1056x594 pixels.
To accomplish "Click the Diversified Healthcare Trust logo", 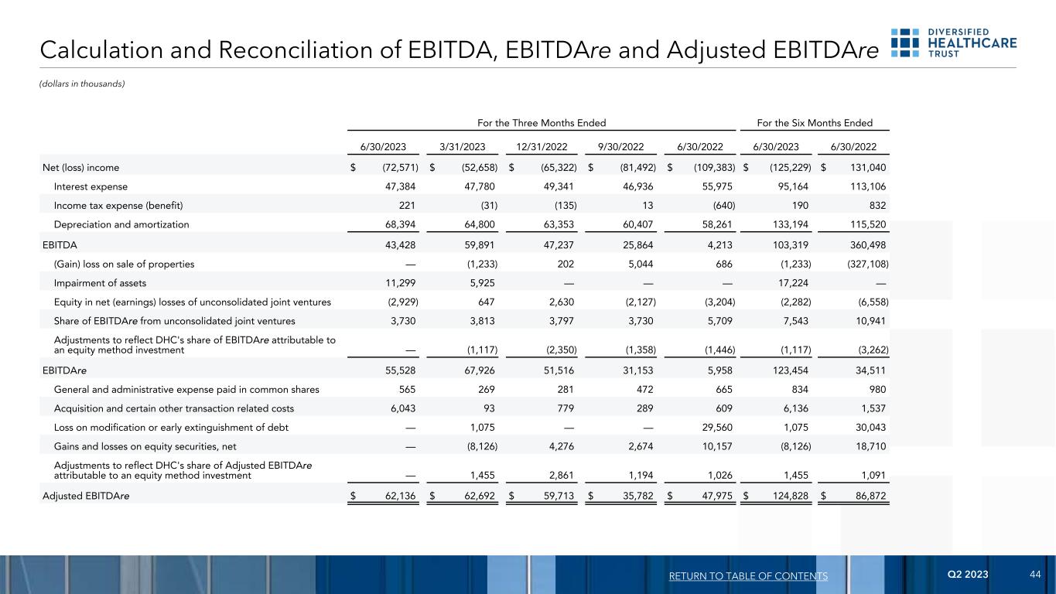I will click(x=954, y=43).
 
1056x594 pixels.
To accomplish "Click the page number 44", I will click(x=1035, y=575).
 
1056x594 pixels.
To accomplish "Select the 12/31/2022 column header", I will click(x=542, y=147).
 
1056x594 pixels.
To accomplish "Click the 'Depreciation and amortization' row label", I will click(x=121, y=224).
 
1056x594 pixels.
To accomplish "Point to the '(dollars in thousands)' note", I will click(x=81, y=84).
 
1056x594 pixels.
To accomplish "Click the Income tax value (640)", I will click(x=719, y=205).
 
